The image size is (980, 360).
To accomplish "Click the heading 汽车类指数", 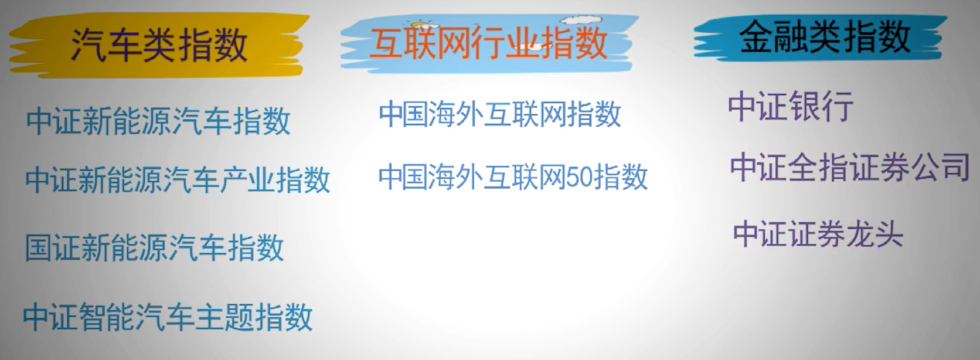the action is coord(159,45).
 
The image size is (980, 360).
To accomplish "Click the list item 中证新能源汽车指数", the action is coord(158,121).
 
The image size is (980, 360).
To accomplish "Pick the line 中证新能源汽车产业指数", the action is coord(178,179).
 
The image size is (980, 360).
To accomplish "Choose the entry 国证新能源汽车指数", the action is coord(154,247).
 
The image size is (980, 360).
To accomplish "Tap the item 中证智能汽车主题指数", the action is coord(168,317).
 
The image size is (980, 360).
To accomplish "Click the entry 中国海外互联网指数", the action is coord(499,114).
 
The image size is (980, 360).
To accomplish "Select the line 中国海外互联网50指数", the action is coord(513,176).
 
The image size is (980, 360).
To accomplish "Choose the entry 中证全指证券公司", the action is coord(850,167).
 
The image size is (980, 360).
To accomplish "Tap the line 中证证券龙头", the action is coord(818,235).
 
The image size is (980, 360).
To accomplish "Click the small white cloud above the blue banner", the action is coord(581,20).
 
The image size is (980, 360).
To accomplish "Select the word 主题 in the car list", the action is coord(225,317).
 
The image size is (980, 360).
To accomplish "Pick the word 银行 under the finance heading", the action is coord(822,106).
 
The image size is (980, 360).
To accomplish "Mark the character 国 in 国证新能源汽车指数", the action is coord(39,247).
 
